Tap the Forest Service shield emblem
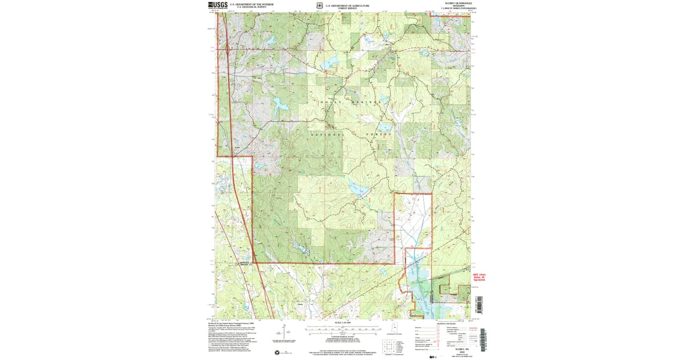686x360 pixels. click(318, 6)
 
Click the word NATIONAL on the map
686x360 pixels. click(328, 135)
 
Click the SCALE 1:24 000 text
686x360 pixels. click(343, 323)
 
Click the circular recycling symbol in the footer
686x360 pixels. click(277, 351)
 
